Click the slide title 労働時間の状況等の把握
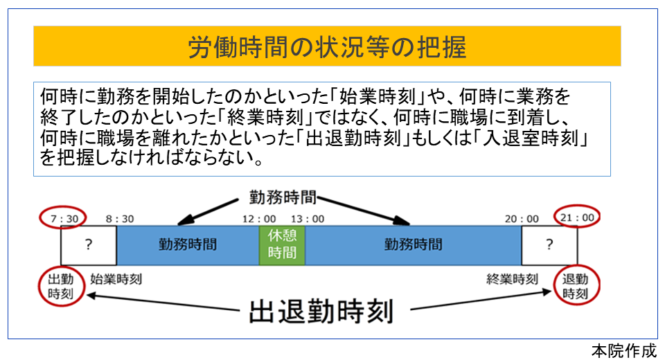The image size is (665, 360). tap(327, 47)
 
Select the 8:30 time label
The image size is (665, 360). tap(119, 218)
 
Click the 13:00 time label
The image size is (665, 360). tap(308, 218)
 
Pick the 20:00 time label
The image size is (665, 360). tap(522, 218)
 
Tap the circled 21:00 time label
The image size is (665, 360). tap(577, 217)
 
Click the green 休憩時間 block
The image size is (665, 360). tap(282, 244)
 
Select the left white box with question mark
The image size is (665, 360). tap(88, 244)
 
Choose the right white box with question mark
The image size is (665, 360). tap(549, 244)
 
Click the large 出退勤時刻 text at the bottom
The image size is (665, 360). tap(320, 311)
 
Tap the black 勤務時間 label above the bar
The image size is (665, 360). tap(282, 197)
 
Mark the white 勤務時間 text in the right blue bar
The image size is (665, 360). tap(413, 244)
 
